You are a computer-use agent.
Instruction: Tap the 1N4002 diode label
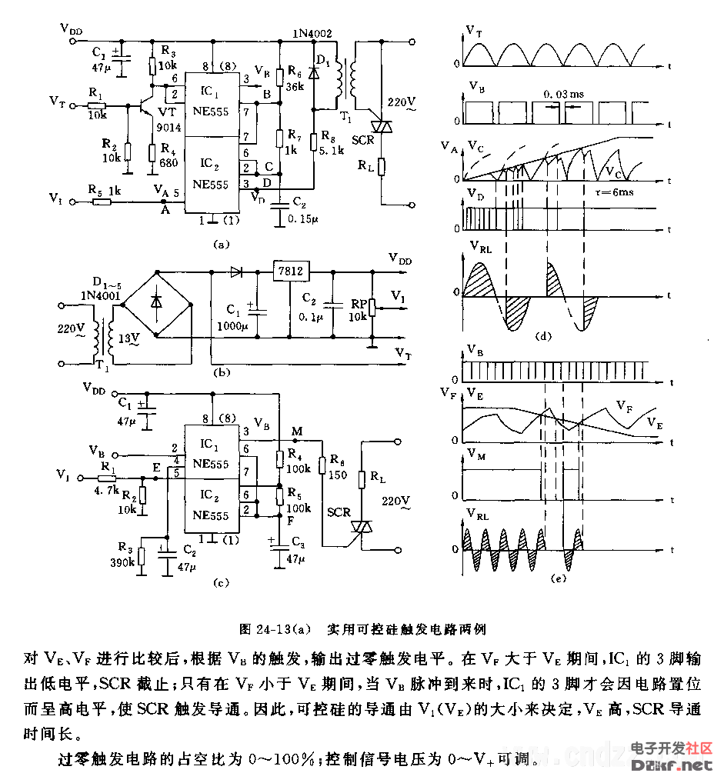tap(312, 34)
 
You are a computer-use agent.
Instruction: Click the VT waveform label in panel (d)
tap(475, 30)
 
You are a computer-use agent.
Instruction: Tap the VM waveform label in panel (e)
tap(475, 459)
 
